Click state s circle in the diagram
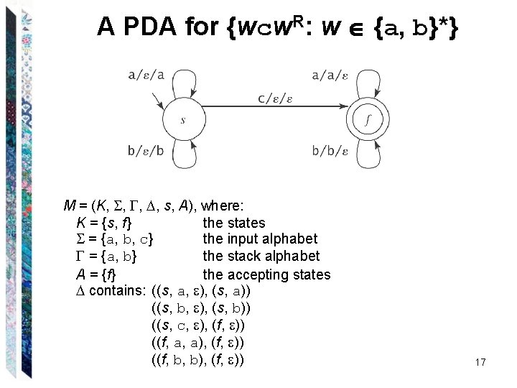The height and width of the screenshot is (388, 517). (182, 120)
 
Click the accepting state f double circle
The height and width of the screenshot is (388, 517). (368, 120)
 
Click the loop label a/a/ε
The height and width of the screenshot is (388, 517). (330, 74)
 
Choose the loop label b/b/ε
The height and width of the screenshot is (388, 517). (330, 151)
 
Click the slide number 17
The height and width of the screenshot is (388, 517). (480, 362)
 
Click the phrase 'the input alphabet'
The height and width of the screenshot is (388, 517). (260, 239)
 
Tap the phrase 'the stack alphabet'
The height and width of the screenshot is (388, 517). (261, 257)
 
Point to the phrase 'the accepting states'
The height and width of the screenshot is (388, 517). (266, 274)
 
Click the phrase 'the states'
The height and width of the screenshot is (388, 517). (234, 223)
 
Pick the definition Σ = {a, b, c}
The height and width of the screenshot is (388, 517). (117, 239)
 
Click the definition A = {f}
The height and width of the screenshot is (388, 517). (96, 274)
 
